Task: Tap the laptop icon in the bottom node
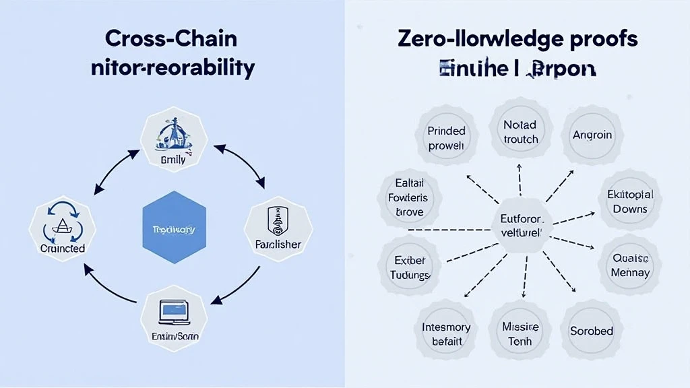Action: [174, 311]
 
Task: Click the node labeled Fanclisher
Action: [278, 229]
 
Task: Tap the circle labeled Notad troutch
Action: [520, 131]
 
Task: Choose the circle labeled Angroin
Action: [592, 135]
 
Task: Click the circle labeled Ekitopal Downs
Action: [630, 201]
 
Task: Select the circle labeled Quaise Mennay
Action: [630, 265]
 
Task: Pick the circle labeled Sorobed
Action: [592, 330]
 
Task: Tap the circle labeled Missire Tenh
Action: [520, 333]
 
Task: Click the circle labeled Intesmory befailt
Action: [445, 333]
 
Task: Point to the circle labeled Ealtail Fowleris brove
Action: [409, 198]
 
